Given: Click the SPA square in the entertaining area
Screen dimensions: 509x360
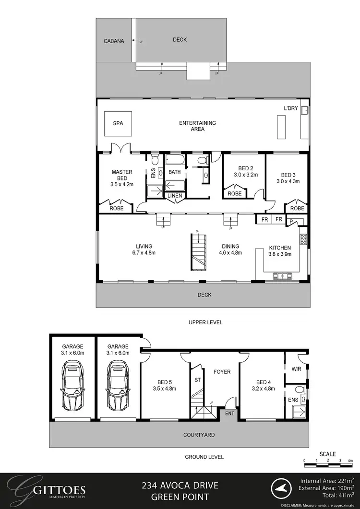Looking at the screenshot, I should coord(118,123).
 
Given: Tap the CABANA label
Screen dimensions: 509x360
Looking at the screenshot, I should coord(114,41).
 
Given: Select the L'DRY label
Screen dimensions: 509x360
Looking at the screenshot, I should coord(291,108).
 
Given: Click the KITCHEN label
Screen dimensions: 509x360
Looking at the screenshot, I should coord(279,248).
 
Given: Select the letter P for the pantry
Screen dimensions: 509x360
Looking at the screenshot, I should coord(291,220).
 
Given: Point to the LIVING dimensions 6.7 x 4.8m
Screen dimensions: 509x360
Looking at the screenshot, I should coord(144,253).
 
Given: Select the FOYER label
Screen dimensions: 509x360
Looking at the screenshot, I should coord(222,372).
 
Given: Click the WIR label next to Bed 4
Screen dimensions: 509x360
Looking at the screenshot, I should coord(296,369).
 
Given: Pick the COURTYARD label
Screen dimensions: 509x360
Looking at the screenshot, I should coord(199,435).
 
